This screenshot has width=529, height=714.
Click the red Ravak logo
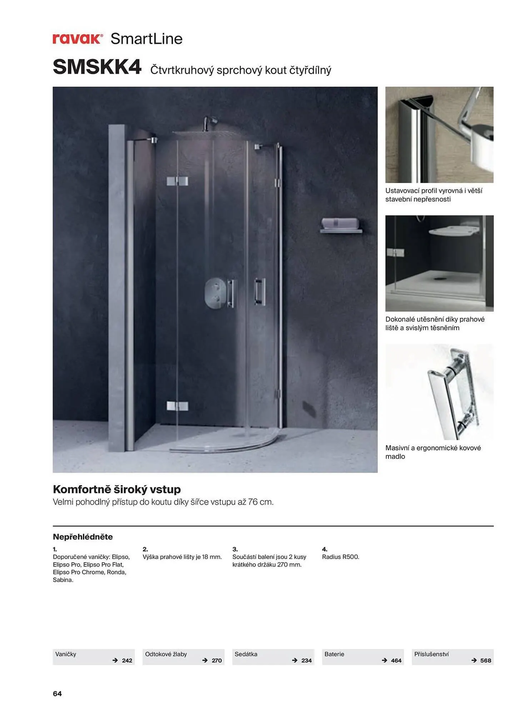(78, 39)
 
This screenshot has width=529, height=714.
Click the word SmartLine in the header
(146, 39)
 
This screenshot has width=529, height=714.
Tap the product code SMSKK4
(97, 67)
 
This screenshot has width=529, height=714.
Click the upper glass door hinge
(177, 181)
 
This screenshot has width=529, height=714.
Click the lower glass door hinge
(177, 406)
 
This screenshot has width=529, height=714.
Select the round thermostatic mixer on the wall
(215, 293)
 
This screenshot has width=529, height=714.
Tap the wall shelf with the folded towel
(340, 226)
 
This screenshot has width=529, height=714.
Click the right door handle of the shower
(260, 291)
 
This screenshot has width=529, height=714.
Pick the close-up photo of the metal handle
(439, 392)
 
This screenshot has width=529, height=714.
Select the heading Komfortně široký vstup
(117, 489)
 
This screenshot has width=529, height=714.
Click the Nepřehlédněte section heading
(83, 537)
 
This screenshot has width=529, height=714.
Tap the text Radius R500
(340, 557)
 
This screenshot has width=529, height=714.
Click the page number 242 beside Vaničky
(127, 660)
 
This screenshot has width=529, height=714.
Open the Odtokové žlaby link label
(166, 654)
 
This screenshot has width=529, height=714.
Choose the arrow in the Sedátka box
(295, 660)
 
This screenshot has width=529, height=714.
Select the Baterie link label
(334, 654)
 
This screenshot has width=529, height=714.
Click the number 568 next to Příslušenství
(485, 660)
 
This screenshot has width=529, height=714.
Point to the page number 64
(57, 694)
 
